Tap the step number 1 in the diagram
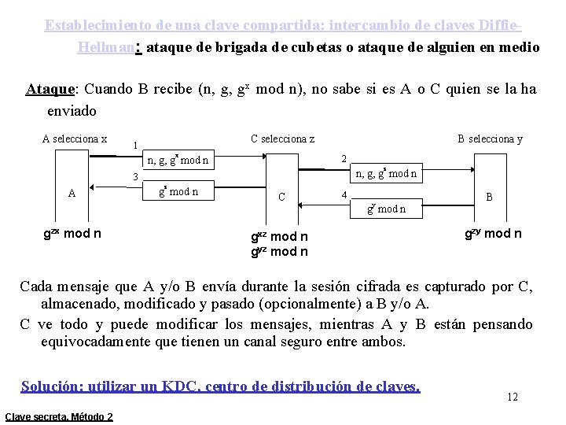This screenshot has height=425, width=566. [136, 146]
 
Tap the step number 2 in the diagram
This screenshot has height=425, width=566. [343, 159]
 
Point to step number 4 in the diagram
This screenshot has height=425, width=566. [343, 194]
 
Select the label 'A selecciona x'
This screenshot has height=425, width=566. [75, 139]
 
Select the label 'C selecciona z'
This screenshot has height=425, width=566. [282, 139]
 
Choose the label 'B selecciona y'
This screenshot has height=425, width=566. [490, 139]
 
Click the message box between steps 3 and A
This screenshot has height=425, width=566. [178, 191]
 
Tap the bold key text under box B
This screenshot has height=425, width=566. [493, 233]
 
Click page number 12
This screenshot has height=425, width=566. [512, 397]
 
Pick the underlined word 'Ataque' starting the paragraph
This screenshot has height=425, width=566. [51, 89]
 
